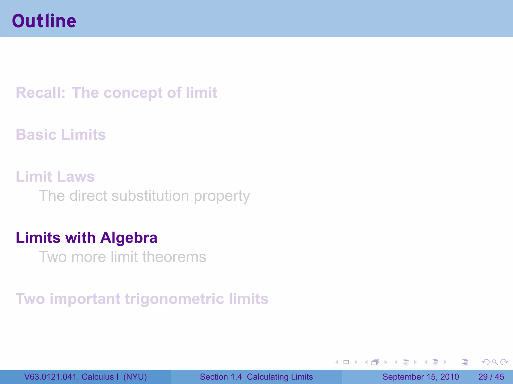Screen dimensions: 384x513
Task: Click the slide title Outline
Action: coord(44,21)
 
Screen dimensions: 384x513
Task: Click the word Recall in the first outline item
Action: coord(40,93)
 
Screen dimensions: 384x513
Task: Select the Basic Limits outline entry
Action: coord(61,135)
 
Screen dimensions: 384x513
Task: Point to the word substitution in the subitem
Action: coord(150,196)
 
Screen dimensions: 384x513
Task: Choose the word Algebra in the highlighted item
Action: coord(129,238)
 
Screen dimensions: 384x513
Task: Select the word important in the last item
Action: coord(85,299)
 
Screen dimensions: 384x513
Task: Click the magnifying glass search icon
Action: coord(495,362)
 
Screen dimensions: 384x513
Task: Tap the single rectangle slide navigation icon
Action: coord(346,362)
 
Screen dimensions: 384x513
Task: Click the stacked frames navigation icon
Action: coord(375,362)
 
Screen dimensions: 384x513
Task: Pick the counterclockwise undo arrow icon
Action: coord(485,362)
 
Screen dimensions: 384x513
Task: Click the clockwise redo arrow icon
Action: coord(504,362)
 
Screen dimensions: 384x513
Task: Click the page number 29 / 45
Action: coord(491,377)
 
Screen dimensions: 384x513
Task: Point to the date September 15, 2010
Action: coord(421,377)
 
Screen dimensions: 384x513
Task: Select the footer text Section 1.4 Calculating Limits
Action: coord(256,377)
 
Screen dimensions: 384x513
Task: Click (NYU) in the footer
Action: coord(135,377)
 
